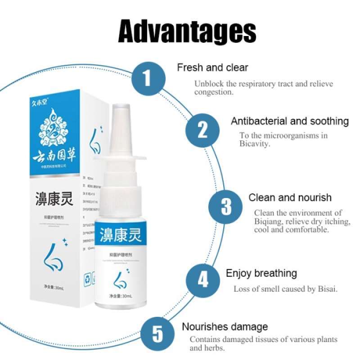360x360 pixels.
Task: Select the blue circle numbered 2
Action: point(203,130)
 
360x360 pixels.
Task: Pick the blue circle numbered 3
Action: point(226,207)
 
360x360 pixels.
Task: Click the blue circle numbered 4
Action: point(203,280)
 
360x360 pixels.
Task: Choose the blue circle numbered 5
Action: point(157,335)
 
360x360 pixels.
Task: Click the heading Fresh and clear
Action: point(212,67)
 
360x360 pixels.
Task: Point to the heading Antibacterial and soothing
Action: point(290,121)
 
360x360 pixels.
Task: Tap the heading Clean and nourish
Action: point(290,198)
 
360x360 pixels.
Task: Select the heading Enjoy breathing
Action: point(261,273)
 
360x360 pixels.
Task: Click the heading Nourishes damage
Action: point(225,327)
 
